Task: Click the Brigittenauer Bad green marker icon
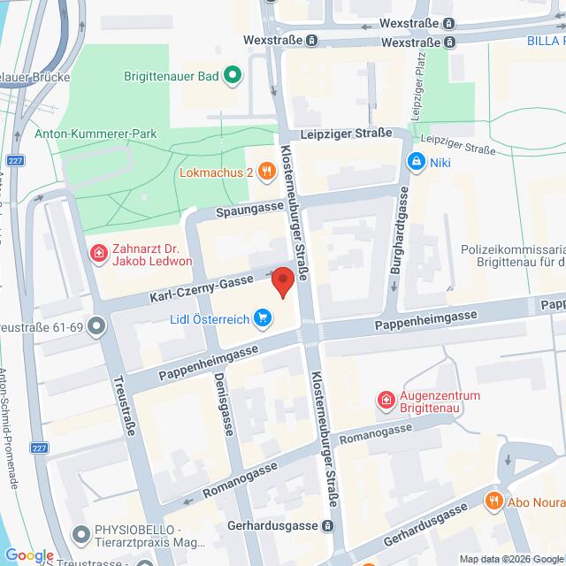232,76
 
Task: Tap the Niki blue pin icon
416,162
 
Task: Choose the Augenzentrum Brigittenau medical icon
386,402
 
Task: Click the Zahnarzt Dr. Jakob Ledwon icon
97,255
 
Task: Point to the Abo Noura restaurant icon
494,501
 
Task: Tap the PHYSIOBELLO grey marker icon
81,534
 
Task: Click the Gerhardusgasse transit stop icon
328,525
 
